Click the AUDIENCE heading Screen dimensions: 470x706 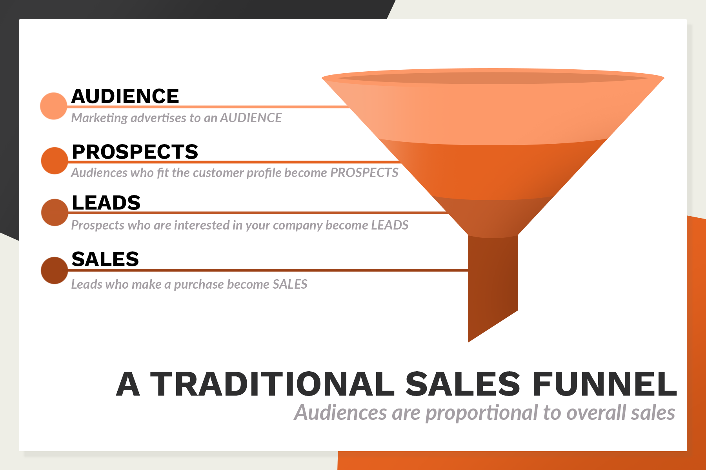[x=125, y=96]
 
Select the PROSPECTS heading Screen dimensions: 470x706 [x=135, y=152]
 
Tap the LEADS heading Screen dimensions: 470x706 [x=106, y=203]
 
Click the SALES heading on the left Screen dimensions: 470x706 [x=105, y=259]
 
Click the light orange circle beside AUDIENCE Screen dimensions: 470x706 [x=54, y=106]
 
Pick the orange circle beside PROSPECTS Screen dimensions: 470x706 [x=55, y=161]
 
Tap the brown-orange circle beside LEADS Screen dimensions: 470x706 [x=55, y=212]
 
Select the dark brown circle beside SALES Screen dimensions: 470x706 [x=54, y=270]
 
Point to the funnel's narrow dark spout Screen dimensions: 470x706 [x=493, y=282]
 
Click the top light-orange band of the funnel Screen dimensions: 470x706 [x=493, y=114]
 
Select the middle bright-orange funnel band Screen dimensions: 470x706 [x=493, y=172]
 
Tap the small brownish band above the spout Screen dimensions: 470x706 [x=493, y=217]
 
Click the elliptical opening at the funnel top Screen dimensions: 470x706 [x=493, y=78]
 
